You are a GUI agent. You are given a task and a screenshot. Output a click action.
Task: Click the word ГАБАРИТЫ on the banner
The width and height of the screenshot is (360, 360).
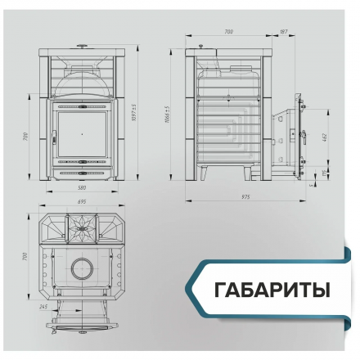(272, 291)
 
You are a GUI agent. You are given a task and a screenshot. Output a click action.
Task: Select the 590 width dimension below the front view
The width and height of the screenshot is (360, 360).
(80, 188)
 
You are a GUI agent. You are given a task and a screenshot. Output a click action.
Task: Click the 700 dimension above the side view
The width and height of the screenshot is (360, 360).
(228, 32)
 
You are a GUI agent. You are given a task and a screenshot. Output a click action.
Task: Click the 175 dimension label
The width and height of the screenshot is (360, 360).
(326, 172)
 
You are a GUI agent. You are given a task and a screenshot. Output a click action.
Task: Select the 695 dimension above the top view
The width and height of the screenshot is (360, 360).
(80, 202)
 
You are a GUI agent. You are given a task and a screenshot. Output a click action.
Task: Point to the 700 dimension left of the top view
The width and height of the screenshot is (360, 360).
(25, 256)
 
